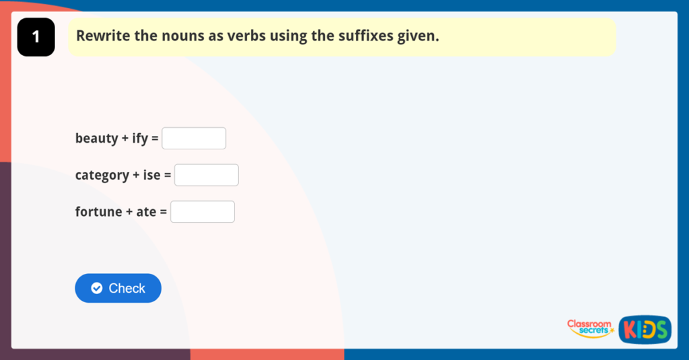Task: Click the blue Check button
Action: (x=118, y=288)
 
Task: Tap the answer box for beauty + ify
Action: (x=194, y=139)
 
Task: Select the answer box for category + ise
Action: (x=206, y=175)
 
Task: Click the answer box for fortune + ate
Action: (x=202, y=212)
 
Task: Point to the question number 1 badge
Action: (x=36, y=37)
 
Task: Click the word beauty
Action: (x=96, y=139)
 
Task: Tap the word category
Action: (x=102, y=176)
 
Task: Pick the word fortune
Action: (x=98, y=212)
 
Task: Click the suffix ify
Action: (x=139, y=139)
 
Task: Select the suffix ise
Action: (x=151, y=175)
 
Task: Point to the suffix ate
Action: (x=146, y=212)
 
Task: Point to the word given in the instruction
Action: (x=417, y=36)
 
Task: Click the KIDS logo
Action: (x=645, y=329)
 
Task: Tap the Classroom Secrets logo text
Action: (x=590, y=328)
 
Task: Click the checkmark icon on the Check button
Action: (x=97, y=288)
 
